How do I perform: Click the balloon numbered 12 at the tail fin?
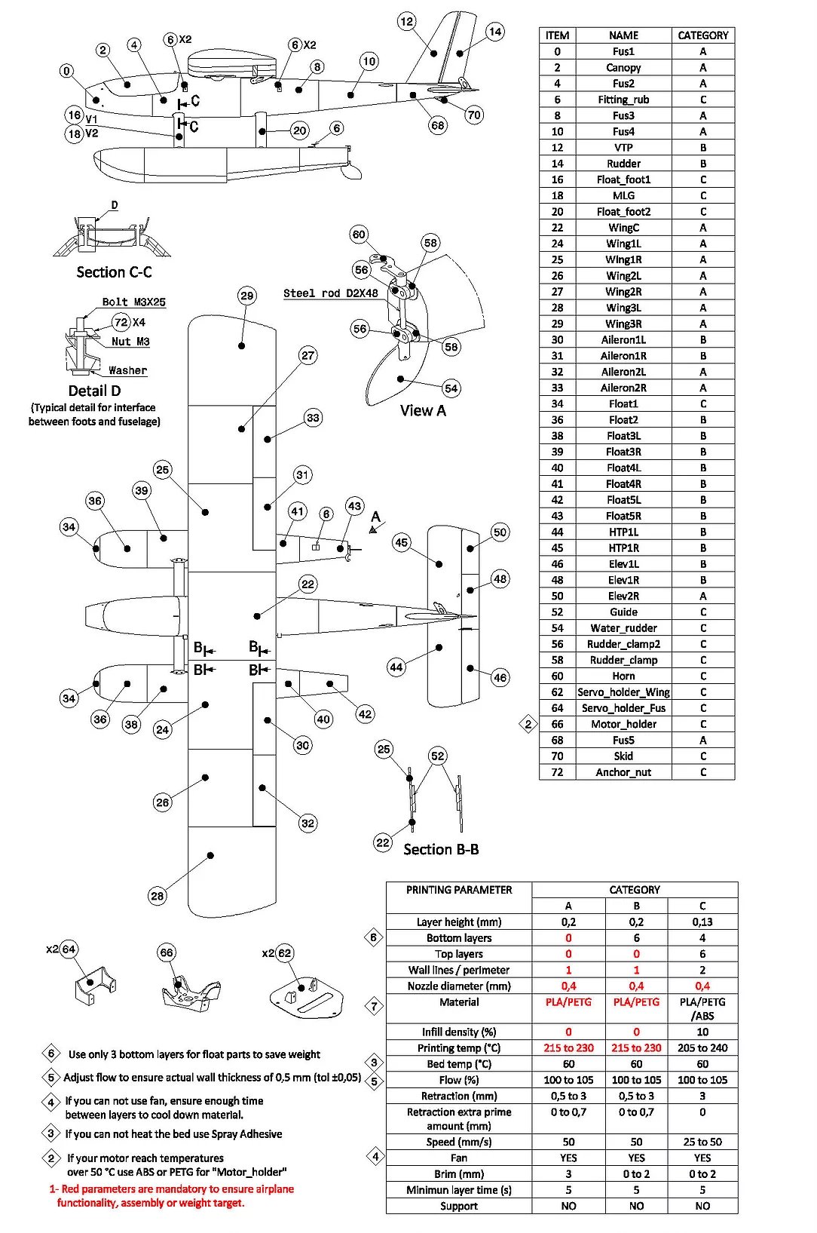point(407,21)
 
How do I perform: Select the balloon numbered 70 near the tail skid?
point(474,115)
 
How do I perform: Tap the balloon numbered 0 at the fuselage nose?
point(67,71)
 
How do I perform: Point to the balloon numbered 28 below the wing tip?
point(157,896)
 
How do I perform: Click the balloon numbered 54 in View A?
point(451,388)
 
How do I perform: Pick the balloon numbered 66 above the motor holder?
point(167,952)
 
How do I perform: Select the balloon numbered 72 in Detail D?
point(121,322)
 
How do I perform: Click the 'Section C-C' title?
point(114,272)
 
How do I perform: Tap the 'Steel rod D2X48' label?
point(330,293)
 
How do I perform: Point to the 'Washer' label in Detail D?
point(127,370)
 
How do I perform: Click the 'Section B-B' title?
point(441,850)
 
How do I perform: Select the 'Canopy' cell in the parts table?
point(623,68)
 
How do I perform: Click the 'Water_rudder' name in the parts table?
point(623,628)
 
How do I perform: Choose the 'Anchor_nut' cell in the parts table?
point(623,772)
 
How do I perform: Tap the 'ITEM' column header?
point(557,35)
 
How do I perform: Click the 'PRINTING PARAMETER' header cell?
point(459,890)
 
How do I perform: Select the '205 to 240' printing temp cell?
point(702,1048)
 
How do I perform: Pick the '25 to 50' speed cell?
point(702,1142)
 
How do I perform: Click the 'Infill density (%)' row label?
point(459,1032)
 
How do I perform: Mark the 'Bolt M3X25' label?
point(133,302)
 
